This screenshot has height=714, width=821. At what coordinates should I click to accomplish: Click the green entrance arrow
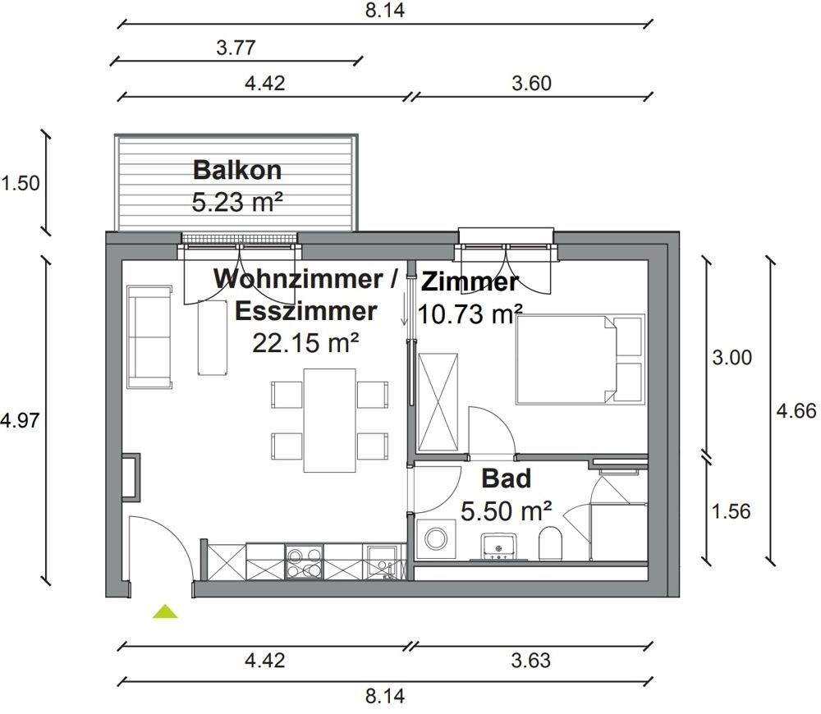166,611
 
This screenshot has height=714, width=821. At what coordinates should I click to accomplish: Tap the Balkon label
236,170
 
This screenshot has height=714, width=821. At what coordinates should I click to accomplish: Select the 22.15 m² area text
305,343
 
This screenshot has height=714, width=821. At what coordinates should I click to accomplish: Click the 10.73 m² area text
470,314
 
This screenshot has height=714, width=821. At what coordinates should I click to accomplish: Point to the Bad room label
506,478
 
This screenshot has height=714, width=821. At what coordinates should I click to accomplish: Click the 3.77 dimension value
236,48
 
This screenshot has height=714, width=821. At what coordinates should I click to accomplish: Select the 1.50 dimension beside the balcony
21,182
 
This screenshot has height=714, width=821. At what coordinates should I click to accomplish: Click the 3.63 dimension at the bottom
530,660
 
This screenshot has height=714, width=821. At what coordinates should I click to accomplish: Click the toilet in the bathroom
551,543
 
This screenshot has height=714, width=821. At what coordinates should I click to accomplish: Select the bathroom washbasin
498,544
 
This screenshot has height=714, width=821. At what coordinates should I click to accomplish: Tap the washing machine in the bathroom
433,539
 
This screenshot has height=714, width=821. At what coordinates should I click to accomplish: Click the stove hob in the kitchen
305,563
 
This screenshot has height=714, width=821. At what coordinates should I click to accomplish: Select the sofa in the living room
149,337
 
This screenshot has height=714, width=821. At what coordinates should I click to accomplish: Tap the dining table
329,420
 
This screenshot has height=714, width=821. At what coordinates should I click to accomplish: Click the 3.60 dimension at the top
532,83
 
